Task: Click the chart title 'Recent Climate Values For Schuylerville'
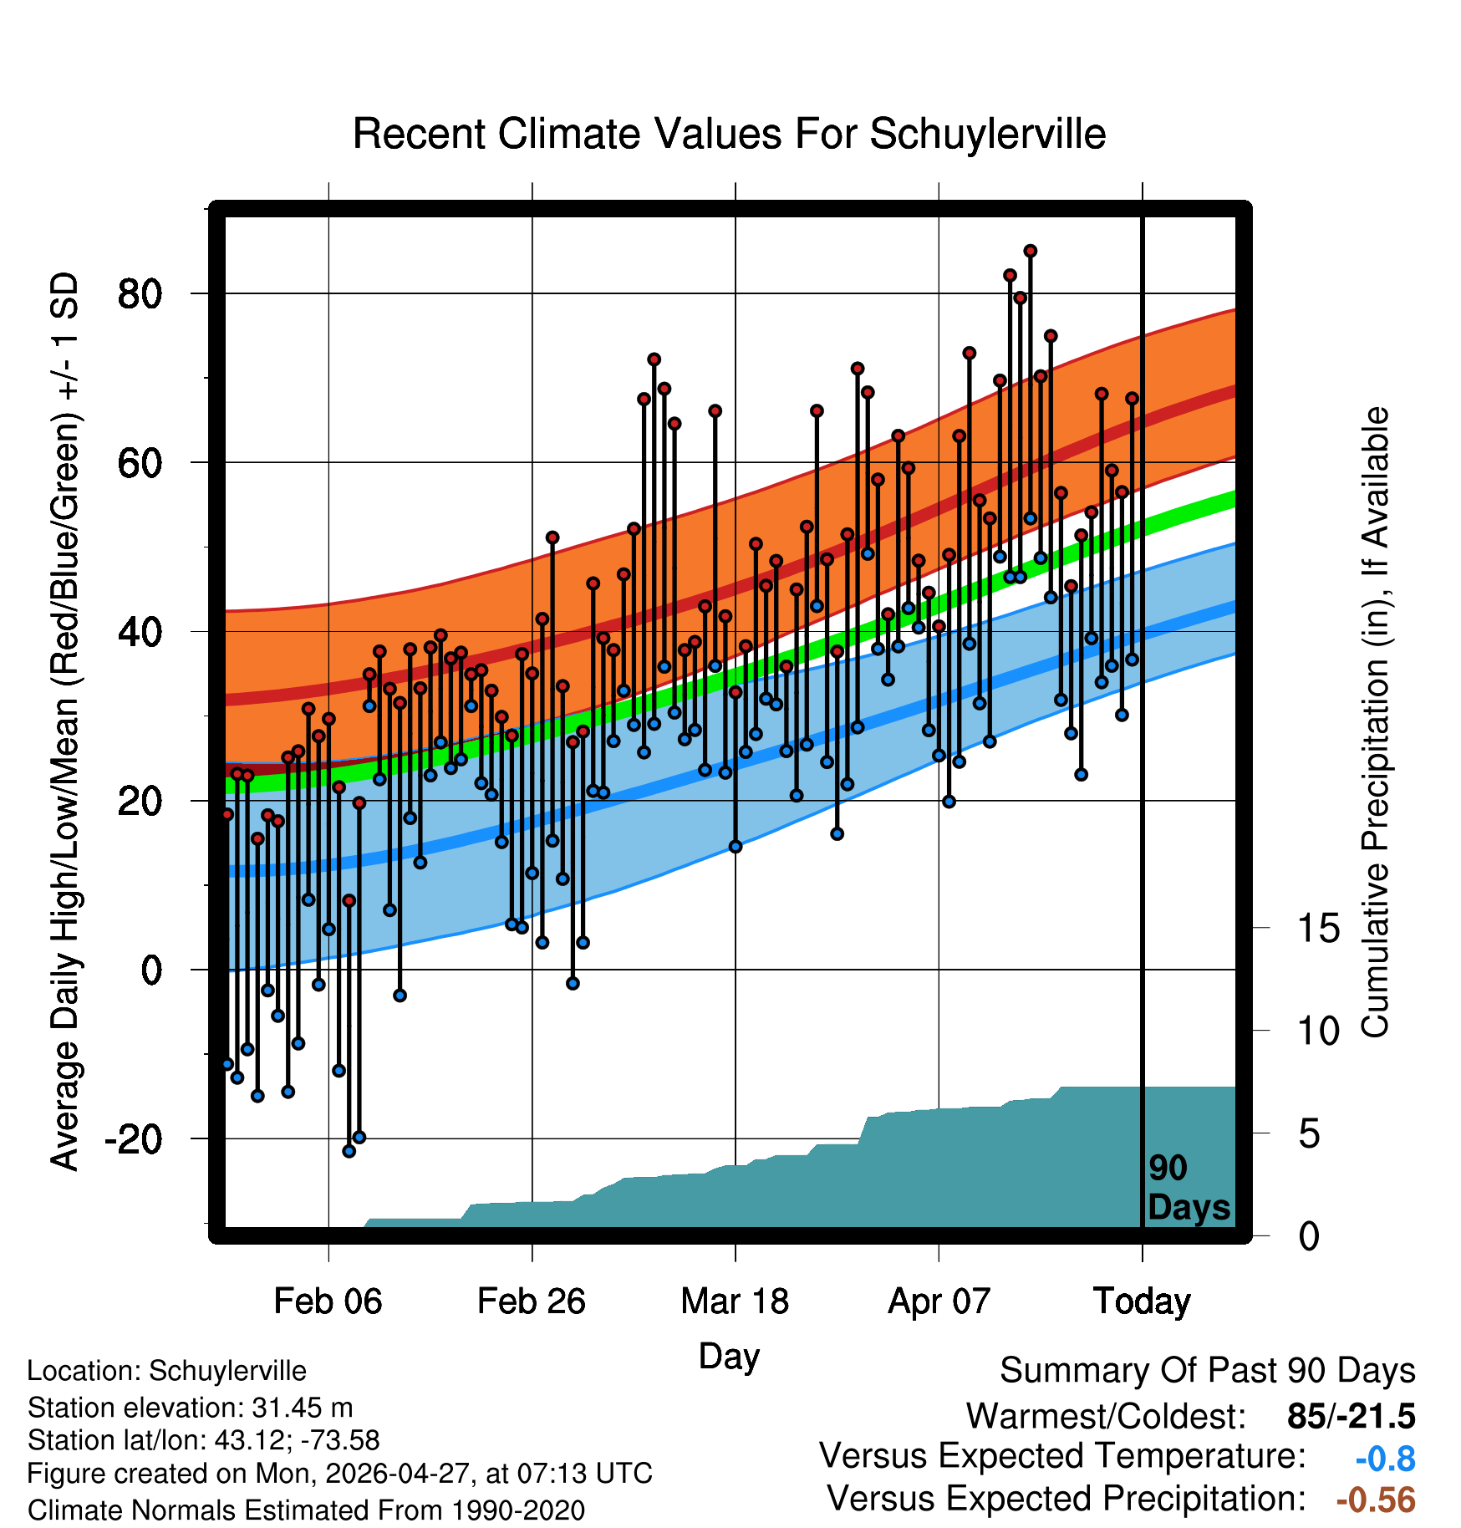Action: coord(729,134)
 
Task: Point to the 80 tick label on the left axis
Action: coord(140,294)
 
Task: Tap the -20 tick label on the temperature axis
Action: coord(133,1138)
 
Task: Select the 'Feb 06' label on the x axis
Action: coord(328,1301)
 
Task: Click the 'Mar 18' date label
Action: coord(735,1301)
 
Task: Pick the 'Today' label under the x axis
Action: coord(1142,1301)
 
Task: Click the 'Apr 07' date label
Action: coord(939,1301)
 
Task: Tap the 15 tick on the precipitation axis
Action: coord(1318,928)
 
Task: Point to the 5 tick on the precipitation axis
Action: coord(1309,1134)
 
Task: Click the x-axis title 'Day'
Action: coord(729,1357)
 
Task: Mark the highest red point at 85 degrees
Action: coord(1031,251)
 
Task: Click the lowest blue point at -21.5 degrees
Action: coord(349,1151)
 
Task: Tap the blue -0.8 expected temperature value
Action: coord(1385,1459)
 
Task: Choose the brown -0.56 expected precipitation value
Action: coord(1376,1500)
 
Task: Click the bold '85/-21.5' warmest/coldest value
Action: coord(1352,1417)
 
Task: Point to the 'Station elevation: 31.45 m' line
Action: coord(191,1408)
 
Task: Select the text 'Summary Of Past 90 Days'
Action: coord(1208,1371)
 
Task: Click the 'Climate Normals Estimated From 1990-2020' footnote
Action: coord(306,1510)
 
